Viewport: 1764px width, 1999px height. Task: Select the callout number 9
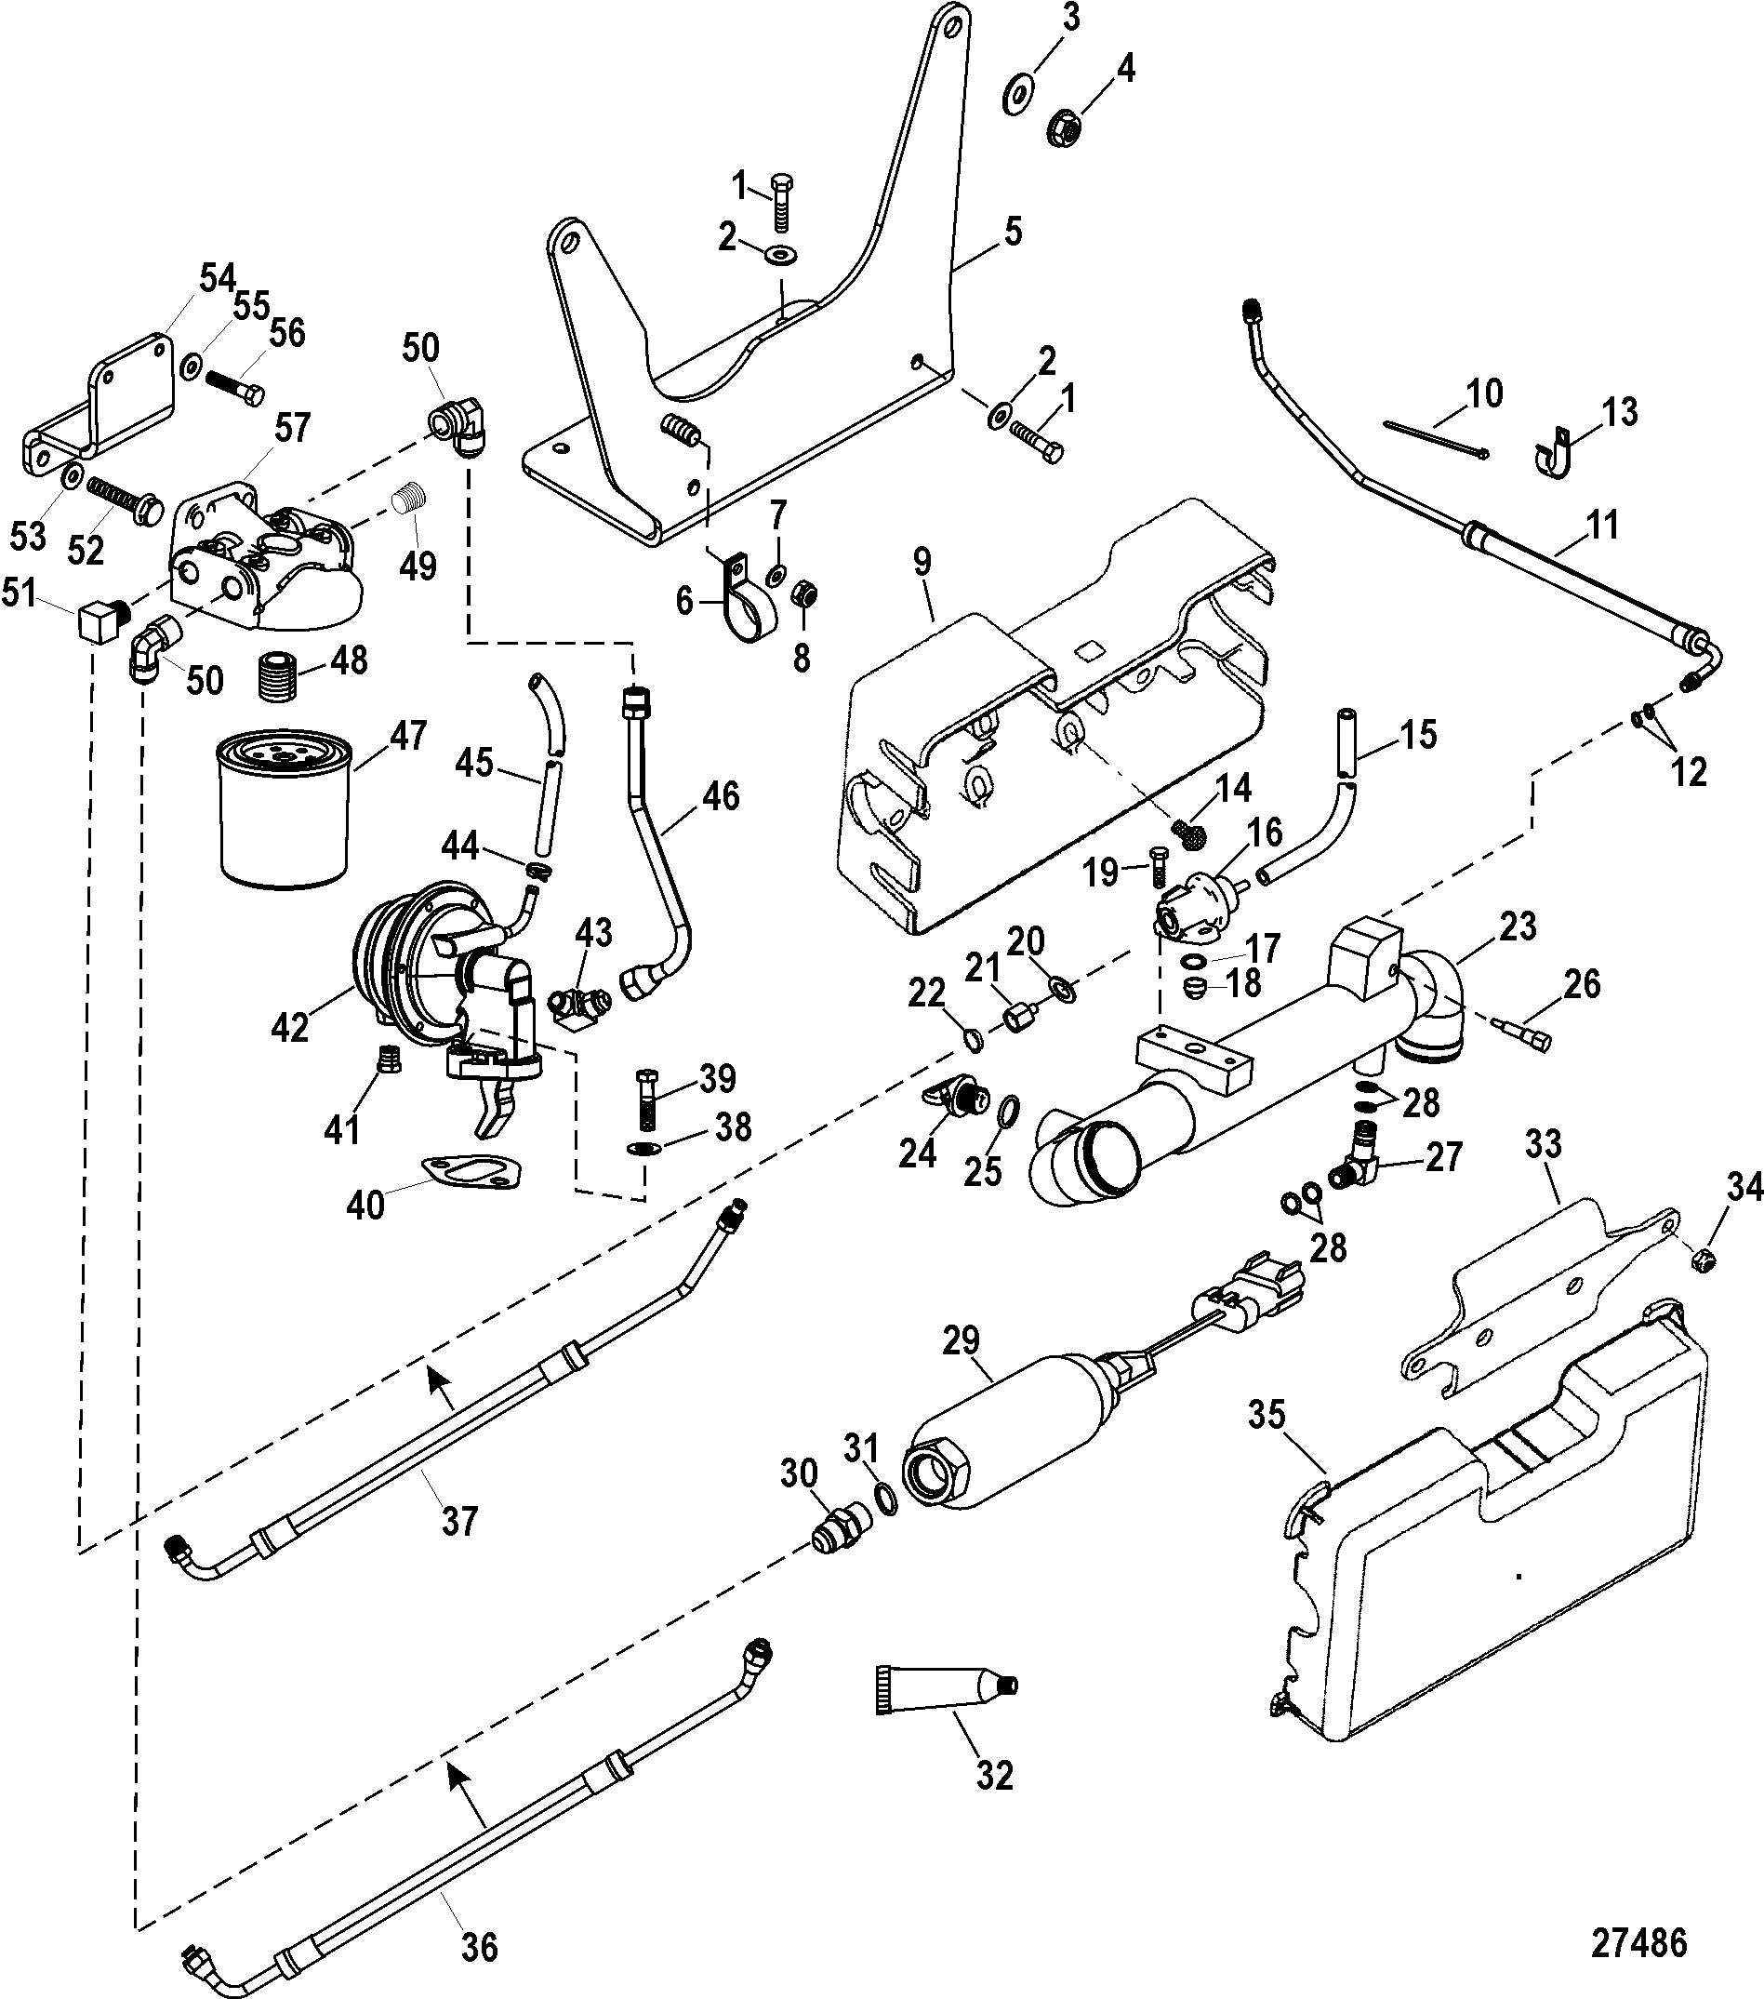click(x=922, y=563)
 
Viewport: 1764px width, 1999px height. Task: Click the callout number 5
click(x=1012, y=233)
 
